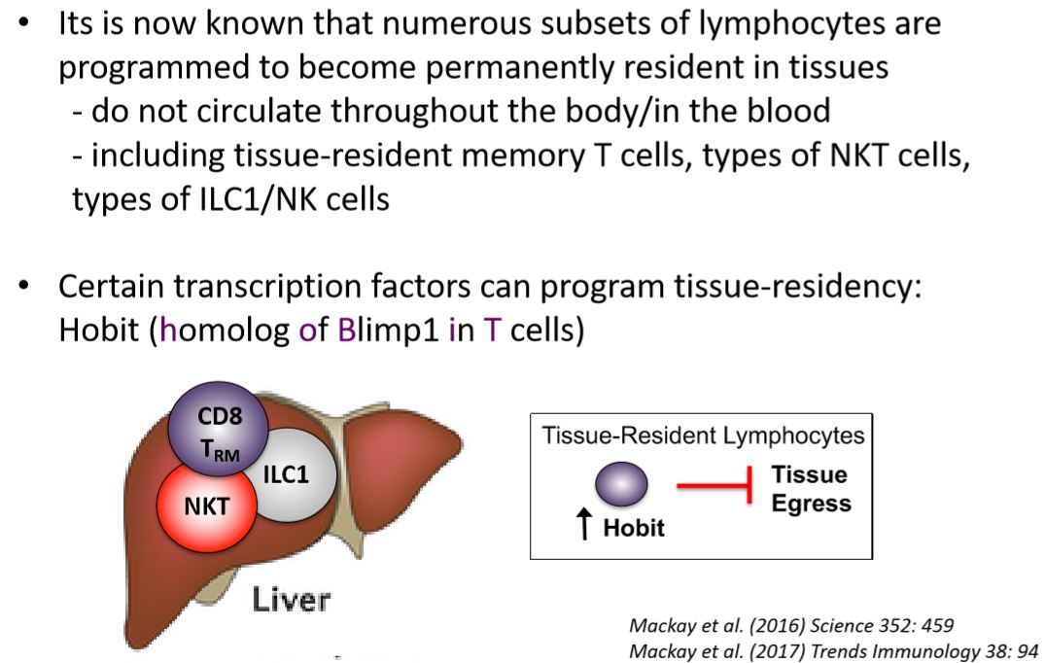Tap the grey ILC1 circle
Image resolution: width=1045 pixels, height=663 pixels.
tap(285, 474)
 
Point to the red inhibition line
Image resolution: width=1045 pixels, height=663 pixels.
tap(714, 485)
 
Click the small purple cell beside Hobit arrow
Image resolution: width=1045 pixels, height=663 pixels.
tap(621, 484)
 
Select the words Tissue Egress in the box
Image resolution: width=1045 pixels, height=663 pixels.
tap(810, 489)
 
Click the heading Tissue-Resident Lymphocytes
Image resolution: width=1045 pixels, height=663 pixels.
tap(703, 436)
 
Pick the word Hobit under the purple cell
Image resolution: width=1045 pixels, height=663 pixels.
tap(634, 529)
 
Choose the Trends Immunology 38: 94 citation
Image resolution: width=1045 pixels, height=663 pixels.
tap(834, 650)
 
